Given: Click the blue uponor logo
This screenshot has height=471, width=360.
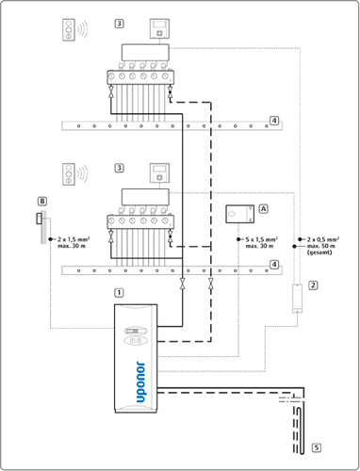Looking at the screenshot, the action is [140, 382].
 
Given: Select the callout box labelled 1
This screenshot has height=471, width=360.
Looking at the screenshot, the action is [119, 293].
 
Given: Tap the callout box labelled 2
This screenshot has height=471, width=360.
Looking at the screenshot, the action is [313, 285].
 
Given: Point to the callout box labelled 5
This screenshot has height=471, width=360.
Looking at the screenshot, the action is [317, 447].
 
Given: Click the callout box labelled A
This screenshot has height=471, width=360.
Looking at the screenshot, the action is [263, 208].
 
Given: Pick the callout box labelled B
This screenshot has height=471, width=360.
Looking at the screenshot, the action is [42, 201].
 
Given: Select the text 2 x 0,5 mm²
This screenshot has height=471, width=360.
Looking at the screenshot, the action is [323, 239].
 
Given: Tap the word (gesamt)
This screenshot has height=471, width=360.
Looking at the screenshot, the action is [319, 252].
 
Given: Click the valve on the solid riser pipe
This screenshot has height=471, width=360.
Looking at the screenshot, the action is [182, 283].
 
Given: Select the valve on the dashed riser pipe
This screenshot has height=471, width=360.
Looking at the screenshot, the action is [211, 283].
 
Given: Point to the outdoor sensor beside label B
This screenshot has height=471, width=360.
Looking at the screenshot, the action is [39, 219].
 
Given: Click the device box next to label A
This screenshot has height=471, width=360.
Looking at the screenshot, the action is [240, 214].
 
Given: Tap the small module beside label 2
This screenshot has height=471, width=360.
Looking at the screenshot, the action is [297, 299].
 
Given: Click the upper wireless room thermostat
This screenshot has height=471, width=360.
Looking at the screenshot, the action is [69, 30].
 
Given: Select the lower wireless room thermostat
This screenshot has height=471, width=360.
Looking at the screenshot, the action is [69, 173].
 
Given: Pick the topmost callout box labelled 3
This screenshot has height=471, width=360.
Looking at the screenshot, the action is [119, 24].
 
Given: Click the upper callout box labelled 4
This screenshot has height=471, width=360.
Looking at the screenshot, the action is [274, 121].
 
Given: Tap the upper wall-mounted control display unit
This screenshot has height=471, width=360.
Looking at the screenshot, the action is [159, 28].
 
